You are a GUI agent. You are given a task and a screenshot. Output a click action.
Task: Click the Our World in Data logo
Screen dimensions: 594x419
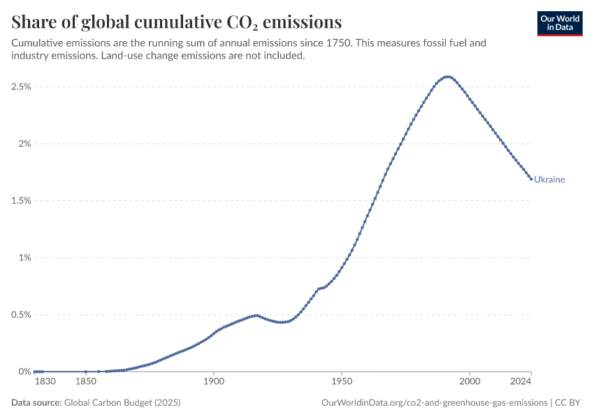(560, 24)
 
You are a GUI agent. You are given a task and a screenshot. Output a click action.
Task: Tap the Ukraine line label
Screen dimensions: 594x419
(549, 179)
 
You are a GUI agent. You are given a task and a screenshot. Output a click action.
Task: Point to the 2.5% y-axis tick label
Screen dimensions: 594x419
(21, 87)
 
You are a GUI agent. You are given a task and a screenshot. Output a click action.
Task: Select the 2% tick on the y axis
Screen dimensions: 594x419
(24, 144)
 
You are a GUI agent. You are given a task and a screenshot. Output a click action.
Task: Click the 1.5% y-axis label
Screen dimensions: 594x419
(21, 200)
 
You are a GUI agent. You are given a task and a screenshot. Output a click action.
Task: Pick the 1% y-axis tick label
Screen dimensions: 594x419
(24, 258)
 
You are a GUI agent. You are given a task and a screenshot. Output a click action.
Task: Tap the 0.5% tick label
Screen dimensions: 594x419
(21, 314)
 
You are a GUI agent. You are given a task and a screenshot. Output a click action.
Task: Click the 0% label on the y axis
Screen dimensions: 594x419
(24, 372)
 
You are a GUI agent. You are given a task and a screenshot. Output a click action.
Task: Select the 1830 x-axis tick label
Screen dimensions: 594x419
(45, 381)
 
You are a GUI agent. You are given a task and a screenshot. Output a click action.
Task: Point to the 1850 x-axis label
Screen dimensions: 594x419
(86, 381)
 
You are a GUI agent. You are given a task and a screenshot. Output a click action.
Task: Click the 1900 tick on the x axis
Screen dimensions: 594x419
(214, 381)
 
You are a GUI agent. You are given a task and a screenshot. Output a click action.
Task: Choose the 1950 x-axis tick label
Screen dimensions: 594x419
(342, 381)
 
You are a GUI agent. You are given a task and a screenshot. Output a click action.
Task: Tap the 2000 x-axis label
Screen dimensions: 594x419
(470, 381)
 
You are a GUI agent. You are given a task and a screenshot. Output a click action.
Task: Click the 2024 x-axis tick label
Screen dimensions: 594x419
(521, 381)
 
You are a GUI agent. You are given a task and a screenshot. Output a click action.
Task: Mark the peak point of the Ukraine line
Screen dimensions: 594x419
(449, 77)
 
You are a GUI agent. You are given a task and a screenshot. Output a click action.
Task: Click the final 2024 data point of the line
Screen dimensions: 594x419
(531, 179)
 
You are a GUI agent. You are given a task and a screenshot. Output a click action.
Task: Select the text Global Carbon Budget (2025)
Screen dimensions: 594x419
(122, 402)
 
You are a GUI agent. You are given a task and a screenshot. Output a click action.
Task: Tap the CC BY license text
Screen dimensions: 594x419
(567, 402)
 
